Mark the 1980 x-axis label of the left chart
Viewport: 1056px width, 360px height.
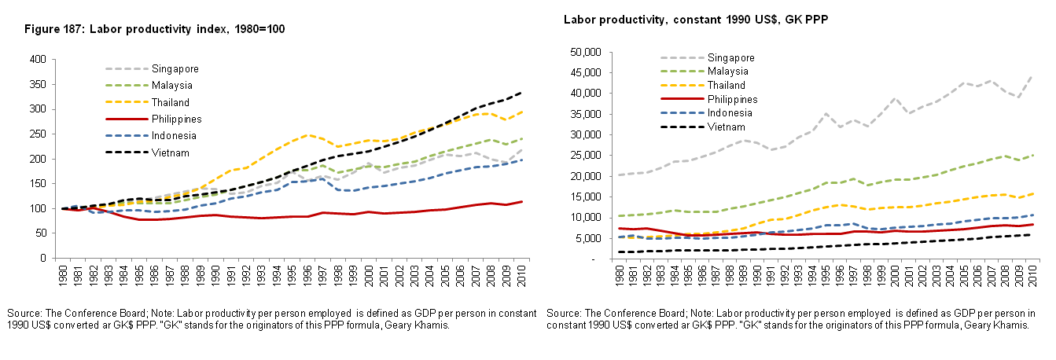(x=64, y=277)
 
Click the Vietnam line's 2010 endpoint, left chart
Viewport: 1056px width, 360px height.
(x=521, y=92)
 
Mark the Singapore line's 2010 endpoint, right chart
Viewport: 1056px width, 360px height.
(x=1031, y=76)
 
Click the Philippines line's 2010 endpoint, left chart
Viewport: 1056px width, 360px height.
(x=521, y=201)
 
